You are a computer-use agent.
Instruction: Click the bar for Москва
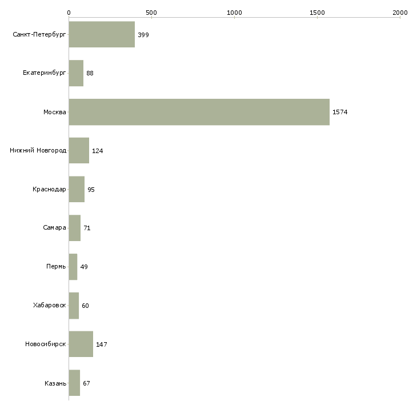tap(199, 112)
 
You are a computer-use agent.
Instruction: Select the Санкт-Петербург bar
tap(102, 35)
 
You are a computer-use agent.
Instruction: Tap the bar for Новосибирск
tap(81, 344)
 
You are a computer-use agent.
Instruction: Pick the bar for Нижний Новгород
tap(79, 151)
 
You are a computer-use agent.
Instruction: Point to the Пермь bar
tap(73, 267)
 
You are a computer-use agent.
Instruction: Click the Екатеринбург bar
tap(76, 73)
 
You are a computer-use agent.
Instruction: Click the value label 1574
tap(340, 112)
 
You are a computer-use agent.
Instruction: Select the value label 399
tap(143, 35)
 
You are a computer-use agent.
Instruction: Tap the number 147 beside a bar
tap(102, 344)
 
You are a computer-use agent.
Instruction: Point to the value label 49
tap(84, 267)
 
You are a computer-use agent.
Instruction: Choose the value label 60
tap(85, 306)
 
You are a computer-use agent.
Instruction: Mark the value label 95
tap(91, 190)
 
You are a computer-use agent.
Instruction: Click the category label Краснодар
tap(49, 189)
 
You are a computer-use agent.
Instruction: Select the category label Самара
tap(54, 228)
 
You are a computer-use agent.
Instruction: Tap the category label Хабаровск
tap(49, 305)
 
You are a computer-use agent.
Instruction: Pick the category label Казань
tap(55, 383)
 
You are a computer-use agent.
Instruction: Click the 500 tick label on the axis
tap(151, 13)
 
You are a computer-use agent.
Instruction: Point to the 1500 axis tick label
tap(317, 13)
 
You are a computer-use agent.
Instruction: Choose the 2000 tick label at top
tap(400, 13)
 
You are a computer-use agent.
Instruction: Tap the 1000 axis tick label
tap(234, 13)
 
